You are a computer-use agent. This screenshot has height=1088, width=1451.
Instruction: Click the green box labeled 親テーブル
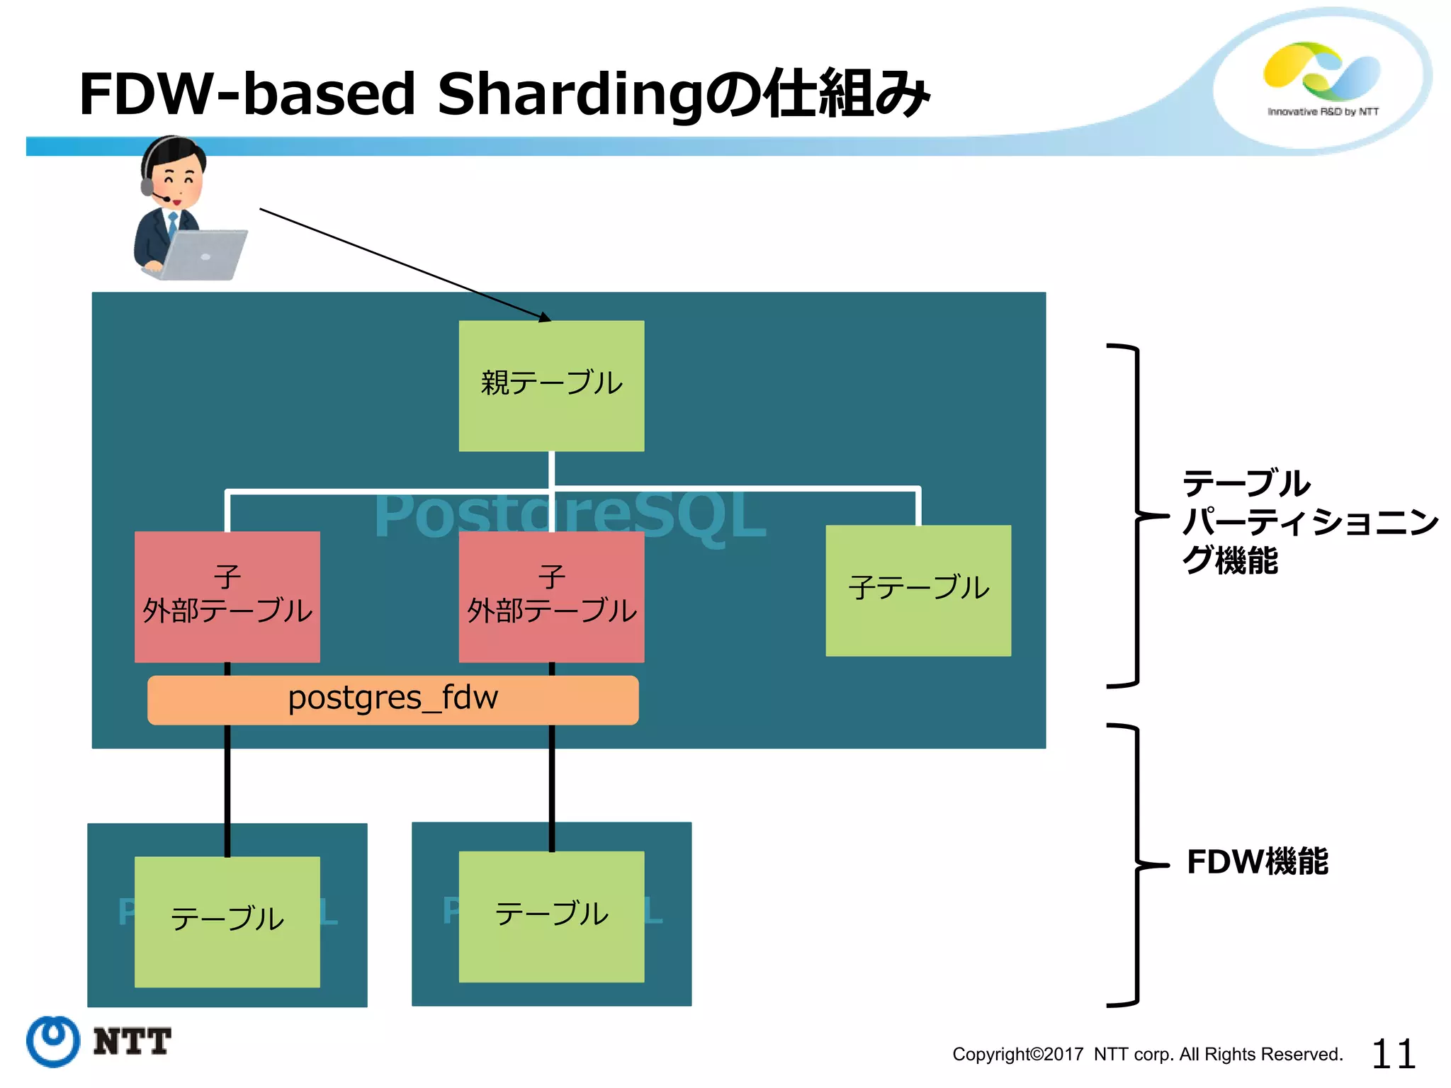tap(551, 385)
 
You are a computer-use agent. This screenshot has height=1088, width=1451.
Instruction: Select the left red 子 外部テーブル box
tap(227, 596)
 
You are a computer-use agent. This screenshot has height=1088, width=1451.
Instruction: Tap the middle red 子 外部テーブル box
tap(551, 596)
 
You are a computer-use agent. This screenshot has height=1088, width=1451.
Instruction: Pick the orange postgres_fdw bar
tap(393, 699)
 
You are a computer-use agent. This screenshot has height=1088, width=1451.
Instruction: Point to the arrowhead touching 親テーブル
tap(543, 317)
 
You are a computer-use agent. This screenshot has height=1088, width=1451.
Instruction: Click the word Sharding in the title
tap(570, 94)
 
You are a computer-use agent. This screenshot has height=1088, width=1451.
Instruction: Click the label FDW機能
tap(1257, 862)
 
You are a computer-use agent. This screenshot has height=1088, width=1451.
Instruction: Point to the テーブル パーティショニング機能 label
tap(1309, 522)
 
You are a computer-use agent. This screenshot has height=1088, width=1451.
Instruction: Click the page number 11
tap(1393, 1054)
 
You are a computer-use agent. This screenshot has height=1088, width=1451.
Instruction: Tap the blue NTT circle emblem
tap(53, 1041)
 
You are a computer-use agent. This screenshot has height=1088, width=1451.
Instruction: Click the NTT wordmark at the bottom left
tap(132, 1041)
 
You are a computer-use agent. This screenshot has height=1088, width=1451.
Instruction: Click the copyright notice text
tap(1147, 1054)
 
